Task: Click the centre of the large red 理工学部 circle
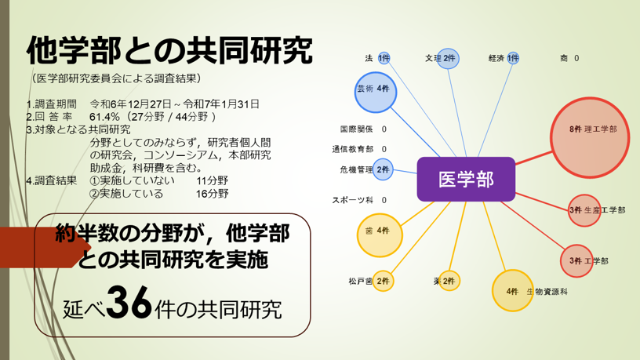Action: [x=590, y=137]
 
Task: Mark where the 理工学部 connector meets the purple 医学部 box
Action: [x=515, y=165]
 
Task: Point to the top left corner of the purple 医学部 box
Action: [x=417, y=158]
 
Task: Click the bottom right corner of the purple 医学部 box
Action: [x=515, y=202]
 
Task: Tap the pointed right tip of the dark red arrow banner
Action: [x=91, y=247]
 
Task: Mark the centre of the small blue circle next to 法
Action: [x=384, y=58]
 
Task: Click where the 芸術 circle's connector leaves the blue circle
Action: [x=391, y=107]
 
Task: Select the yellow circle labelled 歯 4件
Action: [x=380, y=235]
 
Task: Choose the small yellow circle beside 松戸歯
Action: [x=383, y=281]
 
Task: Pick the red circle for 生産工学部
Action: [x=584, y=211]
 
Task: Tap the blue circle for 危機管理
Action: [x=383, y=169]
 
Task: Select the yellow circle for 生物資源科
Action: [x=513, y=291]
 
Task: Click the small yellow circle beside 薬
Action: [x=449, y=281]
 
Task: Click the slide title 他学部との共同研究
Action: [x=169, y=51]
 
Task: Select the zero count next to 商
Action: [x=576, y=58]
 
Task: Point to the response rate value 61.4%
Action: [x=105, y=117]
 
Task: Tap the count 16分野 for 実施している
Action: [x=212, y=194]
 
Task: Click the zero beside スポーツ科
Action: [x=384, y=200]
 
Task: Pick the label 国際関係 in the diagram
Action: [x=356, y=129]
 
